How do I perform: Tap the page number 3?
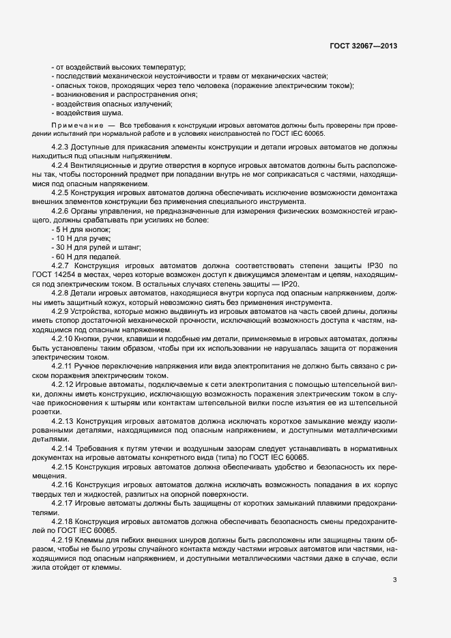point(394,581)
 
